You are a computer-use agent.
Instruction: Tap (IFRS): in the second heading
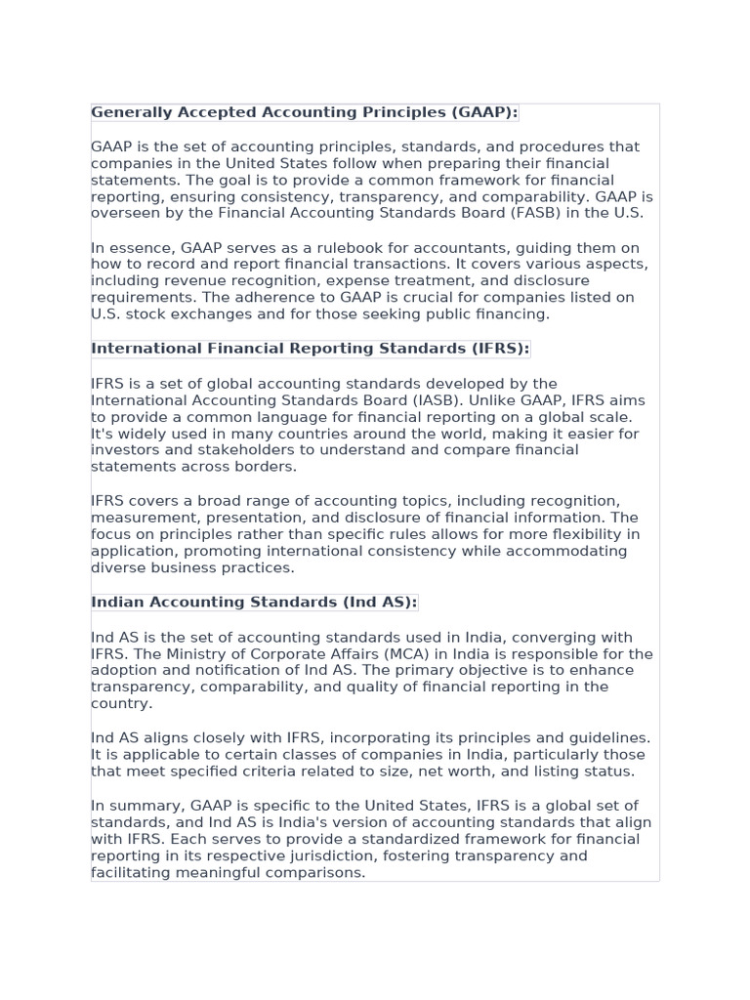(x=495, y=349)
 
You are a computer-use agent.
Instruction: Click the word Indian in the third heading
(x=120, y=602)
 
